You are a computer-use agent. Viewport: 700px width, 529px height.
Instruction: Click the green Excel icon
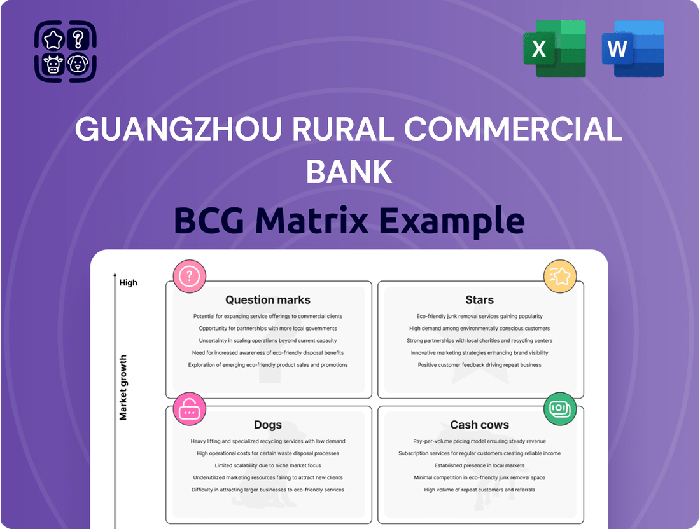[x=554, y=48]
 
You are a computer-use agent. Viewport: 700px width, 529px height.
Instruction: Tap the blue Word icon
[x=633, y=48]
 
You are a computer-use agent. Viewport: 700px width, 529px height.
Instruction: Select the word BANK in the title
[x=349, y=170]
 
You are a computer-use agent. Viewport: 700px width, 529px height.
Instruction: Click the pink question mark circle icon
[x=190, y=276]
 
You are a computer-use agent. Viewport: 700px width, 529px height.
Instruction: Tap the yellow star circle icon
[x=560, y=276]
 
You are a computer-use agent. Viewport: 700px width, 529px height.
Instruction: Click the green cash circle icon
[x=560, y=409]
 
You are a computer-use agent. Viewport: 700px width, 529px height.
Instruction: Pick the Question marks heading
[x=268, y=300]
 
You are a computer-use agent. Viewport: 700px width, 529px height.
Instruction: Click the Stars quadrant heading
[x=479, y=300]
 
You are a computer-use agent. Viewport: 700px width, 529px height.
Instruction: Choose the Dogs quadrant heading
[x=268, y=425]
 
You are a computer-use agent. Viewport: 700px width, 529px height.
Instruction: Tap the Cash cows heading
[x=479, y=425]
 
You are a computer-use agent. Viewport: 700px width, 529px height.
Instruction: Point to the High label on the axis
[x=128, y=283]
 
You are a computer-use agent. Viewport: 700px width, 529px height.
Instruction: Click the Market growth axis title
[x=123, y=388]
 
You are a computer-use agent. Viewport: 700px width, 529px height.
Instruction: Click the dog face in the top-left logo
[x=78, y=64]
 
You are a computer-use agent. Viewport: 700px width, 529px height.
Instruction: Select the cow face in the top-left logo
[x=53, y=64]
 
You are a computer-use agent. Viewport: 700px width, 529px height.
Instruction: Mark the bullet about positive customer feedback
[x=479, y=365]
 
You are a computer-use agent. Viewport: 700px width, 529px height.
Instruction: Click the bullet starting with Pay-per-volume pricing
[x=479, y=441]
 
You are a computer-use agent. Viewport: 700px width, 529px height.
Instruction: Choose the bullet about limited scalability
[x=268, y=465]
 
